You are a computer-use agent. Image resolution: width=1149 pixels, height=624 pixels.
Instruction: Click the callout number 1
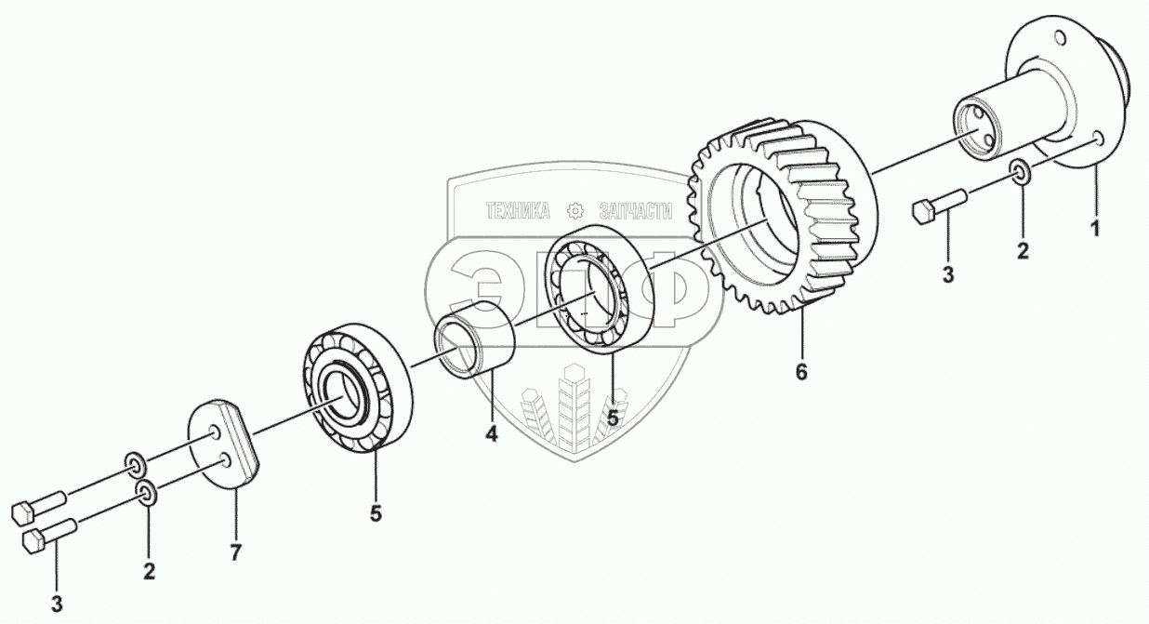[1095, 227]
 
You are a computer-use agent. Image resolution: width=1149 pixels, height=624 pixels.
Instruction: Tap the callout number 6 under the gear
[801, 372]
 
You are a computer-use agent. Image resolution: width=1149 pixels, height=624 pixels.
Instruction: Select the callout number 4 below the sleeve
[490, 433]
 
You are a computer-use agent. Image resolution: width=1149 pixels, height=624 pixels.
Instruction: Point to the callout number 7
[235, 553]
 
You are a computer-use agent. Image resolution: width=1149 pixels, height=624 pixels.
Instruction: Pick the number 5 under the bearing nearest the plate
[376, 512]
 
